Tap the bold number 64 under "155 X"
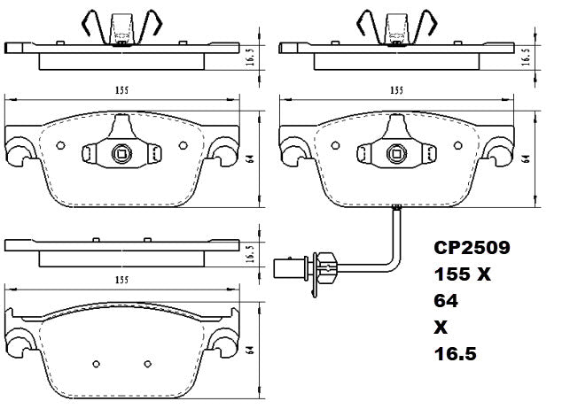tap(446, 301)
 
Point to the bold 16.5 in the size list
tap(455, 353)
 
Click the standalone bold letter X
tap(441, 327)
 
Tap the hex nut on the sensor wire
tap(325, 262)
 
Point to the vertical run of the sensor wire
tap(398, 235)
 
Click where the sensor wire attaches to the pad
tap(398, 209)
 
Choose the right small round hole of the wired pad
tap(457, 146)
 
